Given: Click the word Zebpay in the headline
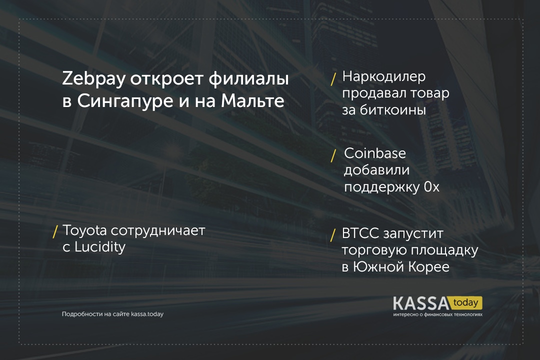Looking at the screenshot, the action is tap(93, 79).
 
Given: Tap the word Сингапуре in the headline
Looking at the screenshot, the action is tap(124, 101).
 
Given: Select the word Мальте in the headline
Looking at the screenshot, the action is tap(253, 100).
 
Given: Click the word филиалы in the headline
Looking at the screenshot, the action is tap(248, 78).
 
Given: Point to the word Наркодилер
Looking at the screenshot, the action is tap(384, 77).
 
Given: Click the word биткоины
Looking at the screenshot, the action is tap(393, 110).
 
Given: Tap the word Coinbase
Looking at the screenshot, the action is tap(374, 153).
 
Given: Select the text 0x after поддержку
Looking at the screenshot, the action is tap(431, 186).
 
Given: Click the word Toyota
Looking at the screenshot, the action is tap(84, 230).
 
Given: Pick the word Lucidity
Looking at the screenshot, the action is tap(100, 247).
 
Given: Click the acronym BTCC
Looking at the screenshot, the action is tap(360, 233).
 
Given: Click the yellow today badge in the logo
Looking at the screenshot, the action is tap(466, 303).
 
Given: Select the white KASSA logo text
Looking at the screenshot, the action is tap(421, 303).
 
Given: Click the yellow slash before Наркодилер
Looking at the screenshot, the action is tap(333, 79).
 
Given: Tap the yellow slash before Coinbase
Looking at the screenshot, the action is tap(333, 155).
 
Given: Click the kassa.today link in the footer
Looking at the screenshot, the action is tap(147, 314).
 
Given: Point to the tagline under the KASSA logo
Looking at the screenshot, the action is tap(437, 314).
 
